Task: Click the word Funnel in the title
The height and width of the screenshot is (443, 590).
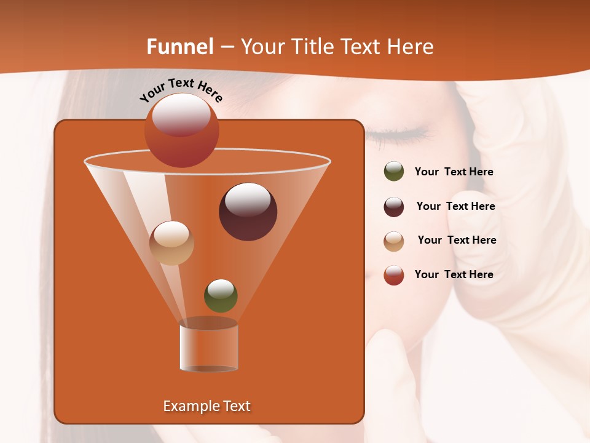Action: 180,47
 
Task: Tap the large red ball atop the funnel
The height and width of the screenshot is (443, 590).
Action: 181,130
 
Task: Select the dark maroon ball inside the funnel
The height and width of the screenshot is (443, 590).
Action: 248,211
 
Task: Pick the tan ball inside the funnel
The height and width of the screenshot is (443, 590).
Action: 171,243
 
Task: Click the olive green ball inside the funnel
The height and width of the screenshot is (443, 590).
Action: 221,295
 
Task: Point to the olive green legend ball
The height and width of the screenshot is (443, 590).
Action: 393,172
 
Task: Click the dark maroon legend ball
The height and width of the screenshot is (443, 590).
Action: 393,207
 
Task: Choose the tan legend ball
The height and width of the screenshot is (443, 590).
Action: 393,241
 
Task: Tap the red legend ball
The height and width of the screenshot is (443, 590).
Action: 393,275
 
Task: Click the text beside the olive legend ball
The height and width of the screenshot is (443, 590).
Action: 454,172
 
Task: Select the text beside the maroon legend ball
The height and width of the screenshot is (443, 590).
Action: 455,207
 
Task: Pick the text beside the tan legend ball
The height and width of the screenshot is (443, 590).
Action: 457,241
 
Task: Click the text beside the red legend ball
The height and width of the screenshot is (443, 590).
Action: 454,274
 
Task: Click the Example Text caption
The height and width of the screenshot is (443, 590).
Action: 206,406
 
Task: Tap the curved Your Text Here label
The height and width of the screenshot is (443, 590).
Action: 181,90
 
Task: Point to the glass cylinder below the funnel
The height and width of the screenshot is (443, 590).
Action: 208,346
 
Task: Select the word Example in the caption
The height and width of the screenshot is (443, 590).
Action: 189,406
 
